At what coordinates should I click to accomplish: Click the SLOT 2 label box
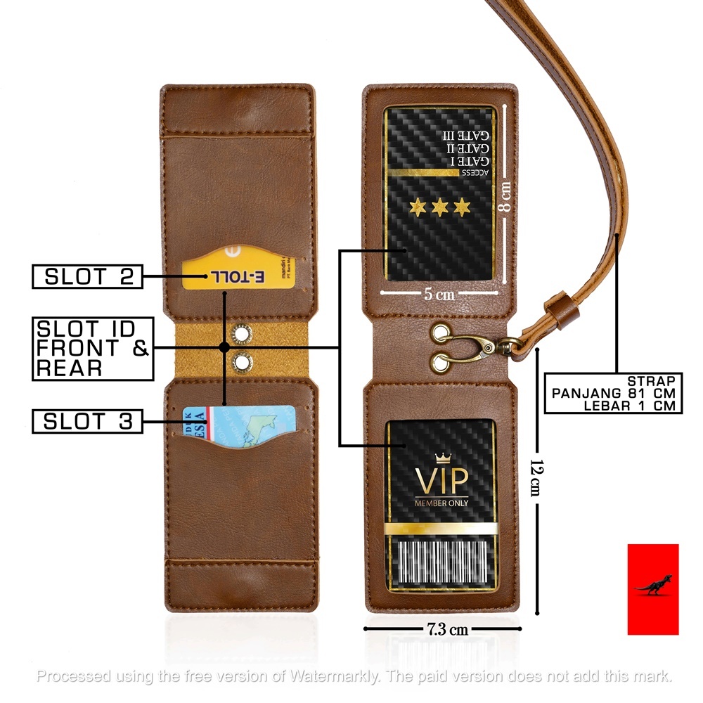[87, 276]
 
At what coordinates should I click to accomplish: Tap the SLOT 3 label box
[87, 422]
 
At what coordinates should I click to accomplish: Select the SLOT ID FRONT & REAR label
[93, 349]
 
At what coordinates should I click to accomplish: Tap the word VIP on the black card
[441, 482]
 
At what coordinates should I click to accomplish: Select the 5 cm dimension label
[439, 295]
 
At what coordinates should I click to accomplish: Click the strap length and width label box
[613, 393]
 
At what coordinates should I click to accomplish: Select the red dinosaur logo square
[653, 589]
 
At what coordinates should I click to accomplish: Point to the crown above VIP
[442, 459]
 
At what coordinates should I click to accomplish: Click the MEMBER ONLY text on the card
[441, 503]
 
